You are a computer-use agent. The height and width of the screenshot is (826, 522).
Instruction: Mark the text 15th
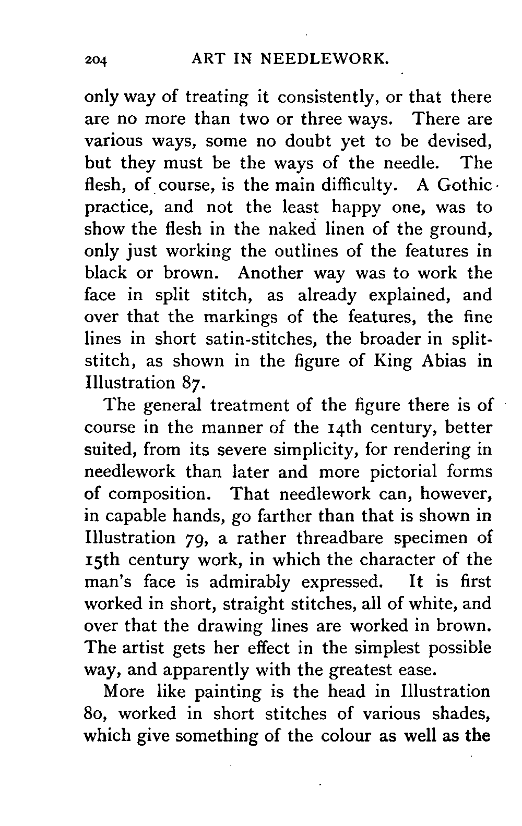pos(102,559)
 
